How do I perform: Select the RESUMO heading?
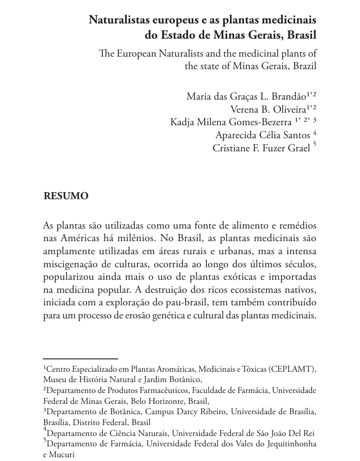(x=66, y=196)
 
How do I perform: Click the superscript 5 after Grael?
(x=315, y=145)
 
